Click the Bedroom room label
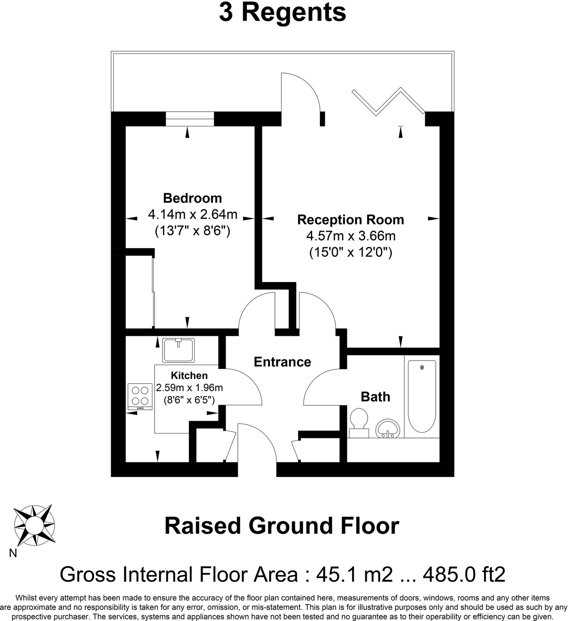click(192, 198)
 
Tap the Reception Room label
click(350, 220)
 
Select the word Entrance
click(282, 362)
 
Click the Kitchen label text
click(189, 375)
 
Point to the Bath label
click(375, 397)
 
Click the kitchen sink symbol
click(179, 350)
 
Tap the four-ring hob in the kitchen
click(140, 396)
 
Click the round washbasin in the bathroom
click(387, 428)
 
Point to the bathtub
click(422, 396)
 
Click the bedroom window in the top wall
click(190, 119)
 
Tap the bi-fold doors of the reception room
click(389, 102)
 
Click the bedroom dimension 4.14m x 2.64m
click(192, 214)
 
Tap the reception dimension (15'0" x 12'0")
click(350, 253)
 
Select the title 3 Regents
click(282, 13)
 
